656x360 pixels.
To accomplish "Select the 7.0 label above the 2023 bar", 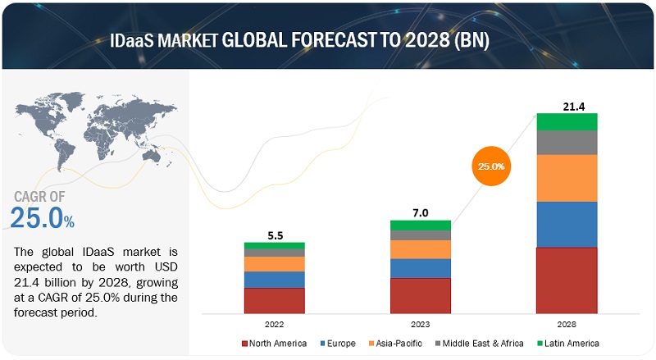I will pos(420,212).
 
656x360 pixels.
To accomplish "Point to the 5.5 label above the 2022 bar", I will pos(274,235).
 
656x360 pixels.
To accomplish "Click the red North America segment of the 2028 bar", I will pos(567,280).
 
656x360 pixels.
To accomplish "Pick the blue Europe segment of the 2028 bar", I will pos(567,224).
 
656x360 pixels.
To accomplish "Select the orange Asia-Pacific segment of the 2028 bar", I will pos(567,178).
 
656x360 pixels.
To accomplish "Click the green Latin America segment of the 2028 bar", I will pos(567,121).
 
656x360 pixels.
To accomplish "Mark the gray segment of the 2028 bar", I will pos(567,143).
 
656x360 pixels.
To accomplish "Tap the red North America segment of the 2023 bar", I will pos(420,295).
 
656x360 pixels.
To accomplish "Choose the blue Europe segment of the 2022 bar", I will pos(274,280).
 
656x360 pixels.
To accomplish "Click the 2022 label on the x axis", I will pos(274,323).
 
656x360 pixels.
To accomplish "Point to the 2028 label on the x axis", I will pos(567,323).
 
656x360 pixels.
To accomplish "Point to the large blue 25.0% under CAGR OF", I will pos(41,217).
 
